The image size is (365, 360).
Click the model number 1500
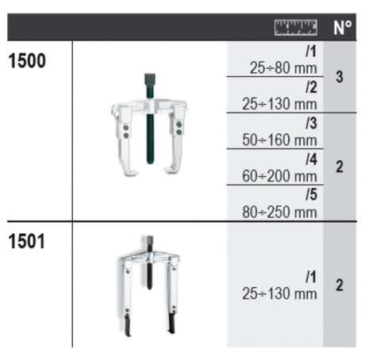(x=27, y=61)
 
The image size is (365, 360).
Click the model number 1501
(x=27, y=241)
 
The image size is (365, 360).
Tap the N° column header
(x=342, y=28)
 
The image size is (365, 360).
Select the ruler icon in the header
(x=296, y=27)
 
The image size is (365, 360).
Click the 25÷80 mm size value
(x=283, y=68)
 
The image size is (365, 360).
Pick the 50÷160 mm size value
(x=279, y=140)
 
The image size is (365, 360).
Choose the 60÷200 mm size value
(x=279, y=176)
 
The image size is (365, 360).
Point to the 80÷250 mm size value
(x=279, y=213)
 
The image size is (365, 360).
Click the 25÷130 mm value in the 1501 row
(x=279, y=293)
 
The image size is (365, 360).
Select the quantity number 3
(x=340, y=77)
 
